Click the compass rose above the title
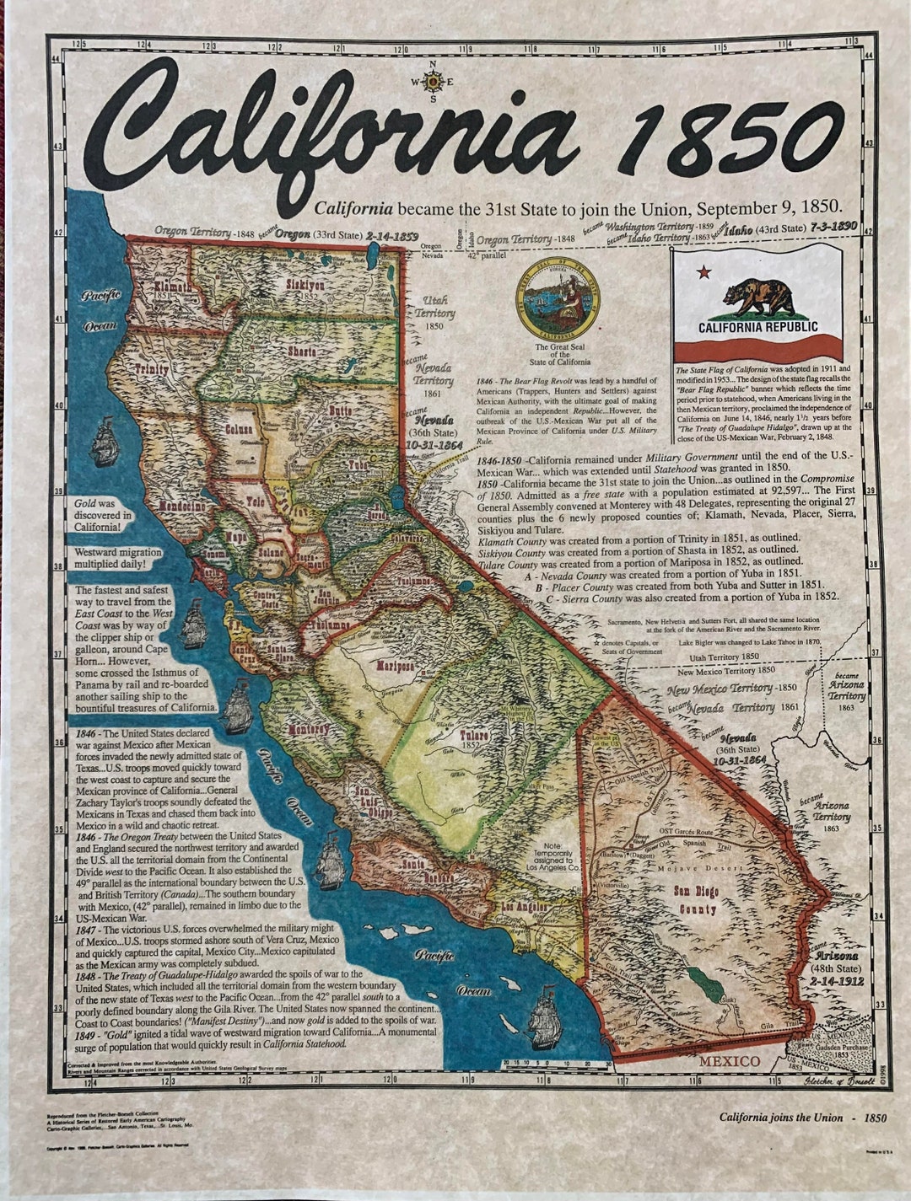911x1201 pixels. [433, 82]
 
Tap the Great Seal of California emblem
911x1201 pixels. [558, 299]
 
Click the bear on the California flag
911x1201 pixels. [758, 296]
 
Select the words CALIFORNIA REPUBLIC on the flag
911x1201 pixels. [757, 327]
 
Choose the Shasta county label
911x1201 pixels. [303, 351]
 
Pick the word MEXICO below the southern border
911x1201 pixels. [729, 1060]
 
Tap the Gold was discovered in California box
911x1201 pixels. [103, 515]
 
